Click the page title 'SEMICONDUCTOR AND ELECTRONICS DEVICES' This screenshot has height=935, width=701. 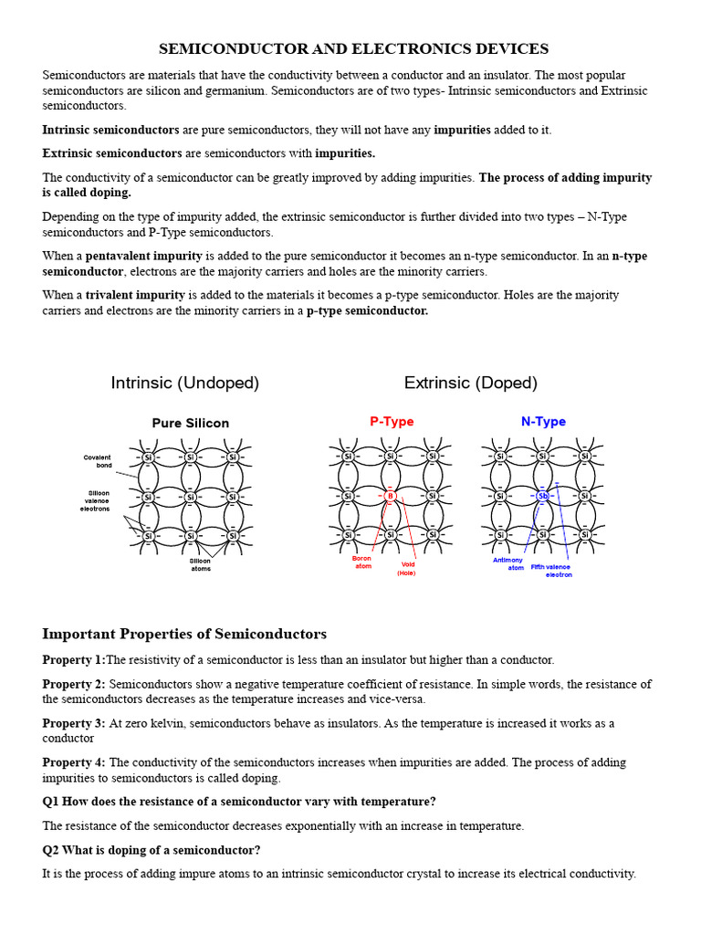tap(354, 48)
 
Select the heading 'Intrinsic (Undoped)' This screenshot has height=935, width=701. tap(185, 383)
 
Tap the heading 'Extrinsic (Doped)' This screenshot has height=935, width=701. tap(471, 383)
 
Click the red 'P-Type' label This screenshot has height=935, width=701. tap(392, 422)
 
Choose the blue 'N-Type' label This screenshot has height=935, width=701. tap(543, 422)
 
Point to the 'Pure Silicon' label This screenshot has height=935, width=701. tap(190, 424)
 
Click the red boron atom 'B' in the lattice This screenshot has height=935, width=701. tap(390, 496)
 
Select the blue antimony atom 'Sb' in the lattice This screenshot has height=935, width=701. tap(542, 496)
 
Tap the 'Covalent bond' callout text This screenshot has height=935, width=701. tap(97, 461)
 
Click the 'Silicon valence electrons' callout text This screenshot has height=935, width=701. tap(95, 500)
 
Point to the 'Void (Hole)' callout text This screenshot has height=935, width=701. tap(406, 569)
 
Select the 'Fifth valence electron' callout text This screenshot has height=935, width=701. tap(552, 571)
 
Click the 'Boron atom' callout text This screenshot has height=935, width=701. tap(362, 562)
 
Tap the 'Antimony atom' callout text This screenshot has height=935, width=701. tap(508, 563)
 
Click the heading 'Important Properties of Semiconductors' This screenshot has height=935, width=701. tap(184, 635)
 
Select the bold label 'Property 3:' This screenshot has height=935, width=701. tap(74, 723)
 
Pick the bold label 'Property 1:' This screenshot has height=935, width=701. tap(74, 660)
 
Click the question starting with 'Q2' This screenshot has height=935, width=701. tap(152, 850)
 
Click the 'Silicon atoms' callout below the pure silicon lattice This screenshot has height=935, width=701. tap(200, 565)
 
